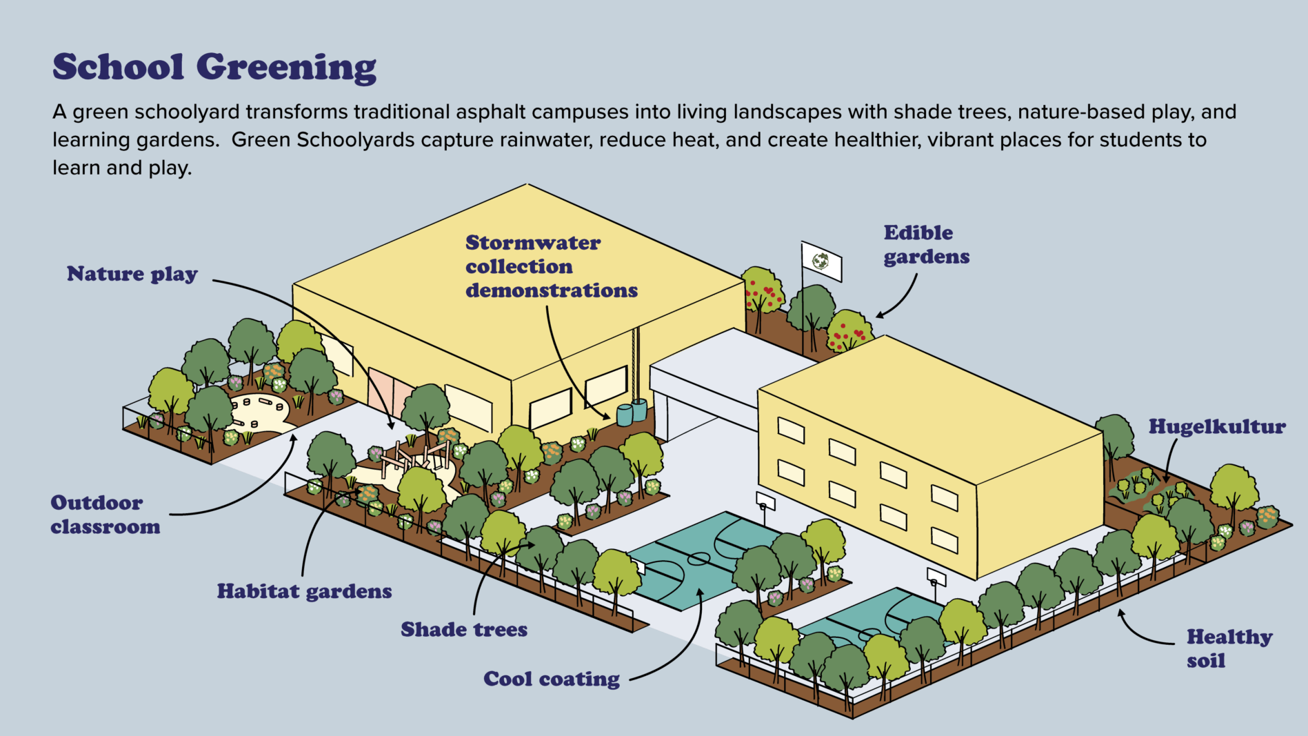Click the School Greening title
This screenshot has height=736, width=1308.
(214, 68)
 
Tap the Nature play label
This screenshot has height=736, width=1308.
(132, 274)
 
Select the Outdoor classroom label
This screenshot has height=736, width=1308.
(105, 515)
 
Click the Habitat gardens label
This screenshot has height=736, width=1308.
(304, 591)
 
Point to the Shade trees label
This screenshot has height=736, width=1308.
(464, 629)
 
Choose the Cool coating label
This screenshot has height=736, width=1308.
(552, 679)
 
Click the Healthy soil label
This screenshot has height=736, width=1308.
(1229, 648)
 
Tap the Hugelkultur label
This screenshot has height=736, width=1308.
(1217, 426)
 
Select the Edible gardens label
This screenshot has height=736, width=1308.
(926, 244)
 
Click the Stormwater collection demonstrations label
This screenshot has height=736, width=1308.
(551, 266)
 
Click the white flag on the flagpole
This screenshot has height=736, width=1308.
(821, 261)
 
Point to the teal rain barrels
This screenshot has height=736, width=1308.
(632, 412)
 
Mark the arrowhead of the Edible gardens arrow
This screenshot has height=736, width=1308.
(879, 316)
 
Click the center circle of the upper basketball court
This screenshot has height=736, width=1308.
(698, 557)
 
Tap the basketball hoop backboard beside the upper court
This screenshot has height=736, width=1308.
(765, 501)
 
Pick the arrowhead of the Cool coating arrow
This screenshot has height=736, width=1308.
(699, 590)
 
